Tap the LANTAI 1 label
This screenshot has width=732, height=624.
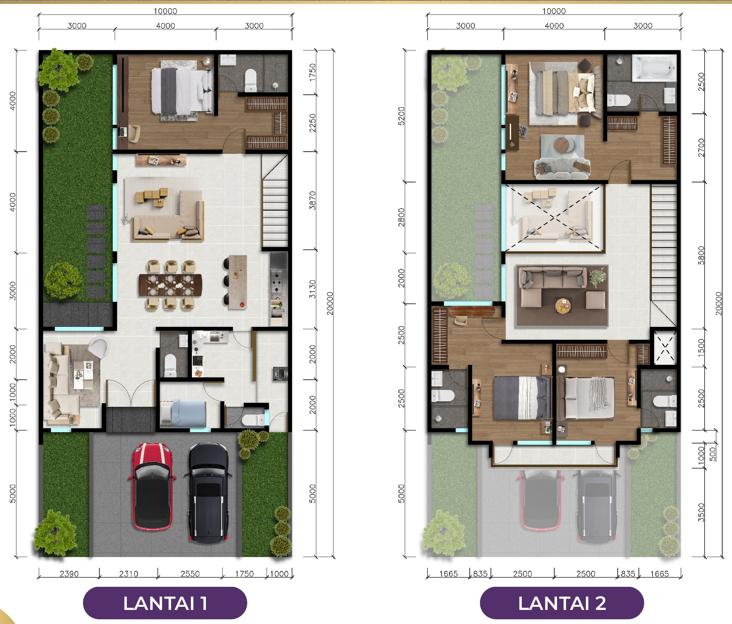point(165,603)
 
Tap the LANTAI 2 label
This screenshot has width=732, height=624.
point(562,603)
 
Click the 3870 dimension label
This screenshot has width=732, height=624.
point(312,200)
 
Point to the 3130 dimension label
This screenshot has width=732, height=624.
point(312,289)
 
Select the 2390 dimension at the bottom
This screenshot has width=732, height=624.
point(69,574)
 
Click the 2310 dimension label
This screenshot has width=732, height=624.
point(129,574)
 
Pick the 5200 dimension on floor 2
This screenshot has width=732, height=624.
point(401,116)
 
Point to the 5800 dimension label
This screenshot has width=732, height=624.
point(701,255)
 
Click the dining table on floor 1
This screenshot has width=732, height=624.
point(170,285)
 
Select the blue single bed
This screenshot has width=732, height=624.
point(183,413)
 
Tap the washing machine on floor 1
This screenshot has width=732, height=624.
point(280,374)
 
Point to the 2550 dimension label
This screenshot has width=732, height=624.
point(190,574)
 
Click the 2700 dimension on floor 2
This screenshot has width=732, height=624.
point(701,148)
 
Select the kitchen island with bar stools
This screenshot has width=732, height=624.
point(238,282)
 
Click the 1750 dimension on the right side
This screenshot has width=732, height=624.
point(312,72)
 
